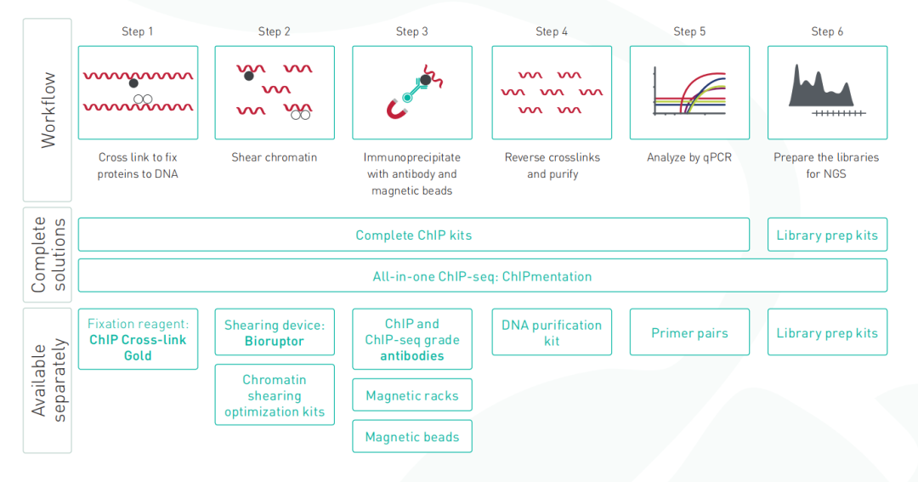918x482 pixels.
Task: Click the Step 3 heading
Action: point(411,31)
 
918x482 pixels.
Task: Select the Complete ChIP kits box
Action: point(413,235)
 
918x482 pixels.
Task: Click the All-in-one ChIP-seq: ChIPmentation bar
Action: point(483,275)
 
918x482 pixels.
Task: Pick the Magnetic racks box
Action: point(412,395)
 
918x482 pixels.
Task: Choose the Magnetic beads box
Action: point(412,436)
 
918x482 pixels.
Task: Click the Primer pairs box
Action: point(689,332)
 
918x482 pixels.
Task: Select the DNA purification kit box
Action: point(552,332)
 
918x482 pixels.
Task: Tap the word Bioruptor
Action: point(274,342)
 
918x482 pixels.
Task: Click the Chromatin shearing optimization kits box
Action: point(275,394)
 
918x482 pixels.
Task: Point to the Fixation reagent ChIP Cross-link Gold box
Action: point(138,339)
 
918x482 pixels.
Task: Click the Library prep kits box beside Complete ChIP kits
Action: point(827,235)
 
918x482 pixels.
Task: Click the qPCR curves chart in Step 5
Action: point(689,93)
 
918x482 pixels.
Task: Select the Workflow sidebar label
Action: point(48,110)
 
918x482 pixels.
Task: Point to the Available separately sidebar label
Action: point(48,380)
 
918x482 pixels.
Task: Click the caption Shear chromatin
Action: point(274,157)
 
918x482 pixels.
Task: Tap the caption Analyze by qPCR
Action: point(689,157)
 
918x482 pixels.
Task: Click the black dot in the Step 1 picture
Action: point(133,83)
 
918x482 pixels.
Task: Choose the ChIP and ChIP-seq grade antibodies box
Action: point(412,339)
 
